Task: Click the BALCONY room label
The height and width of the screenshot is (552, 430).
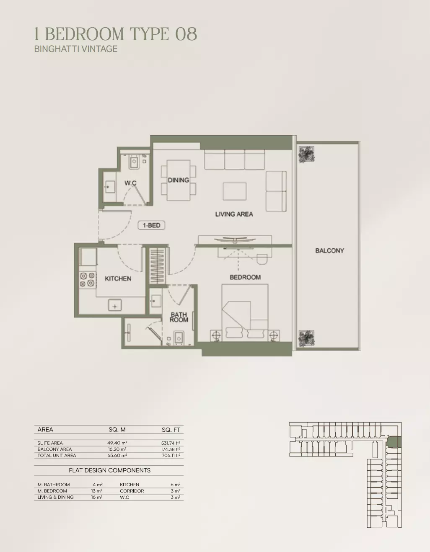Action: [x=329, y=251]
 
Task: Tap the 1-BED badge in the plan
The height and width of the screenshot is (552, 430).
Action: [x=151, y=225]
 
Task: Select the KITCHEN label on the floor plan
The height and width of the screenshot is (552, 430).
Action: [x=118, y=279]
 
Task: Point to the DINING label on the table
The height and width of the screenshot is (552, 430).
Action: [x=179, y=180]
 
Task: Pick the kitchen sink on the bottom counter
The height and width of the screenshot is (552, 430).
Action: [x=115, y=305]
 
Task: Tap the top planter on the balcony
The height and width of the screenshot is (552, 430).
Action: [x=306, y=155]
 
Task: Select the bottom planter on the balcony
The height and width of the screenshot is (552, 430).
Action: [x=306, y=338]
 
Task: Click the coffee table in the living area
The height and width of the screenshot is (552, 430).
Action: [x=235, y=191]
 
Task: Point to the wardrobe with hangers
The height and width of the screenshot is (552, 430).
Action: [x=157, y=266]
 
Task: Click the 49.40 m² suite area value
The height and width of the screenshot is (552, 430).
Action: [x=117, y=443]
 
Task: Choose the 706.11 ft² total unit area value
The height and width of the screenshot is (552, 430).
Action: [x=171, y=456]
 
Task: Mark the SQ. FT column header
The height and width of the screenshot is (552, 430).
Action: [x=171, y=430]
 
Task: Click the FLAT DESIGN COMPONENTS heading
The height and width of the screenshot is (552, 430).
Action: [x=109, y=470]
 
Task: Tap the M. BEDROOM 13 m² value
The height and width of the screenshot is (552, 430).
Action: [x=97, y=491]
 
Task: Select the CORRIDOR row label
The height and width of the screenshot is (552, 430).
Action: [x=132, y=491]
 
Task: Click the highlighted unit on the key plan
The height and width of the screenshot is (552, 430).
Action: [x=394, y=441]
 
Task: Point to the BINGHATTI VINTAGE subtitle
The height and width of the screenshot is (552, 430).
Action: [x=76, y=49]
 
